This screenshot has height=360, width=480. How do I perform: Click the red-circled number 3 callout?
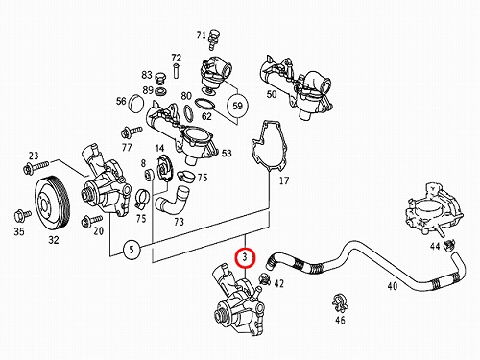point(245,257)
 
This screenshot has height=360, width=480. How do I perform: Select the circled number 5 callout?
point(132,249)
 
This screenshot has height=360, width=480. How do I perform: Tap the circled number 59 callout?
point(237,106)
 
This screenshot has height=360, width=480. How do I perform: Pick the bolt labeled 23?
point(36,166)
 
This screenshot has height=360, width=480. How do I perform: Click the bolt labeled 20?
point(91,221)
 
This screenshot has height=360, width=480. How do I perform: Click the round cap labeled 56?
point(136,103)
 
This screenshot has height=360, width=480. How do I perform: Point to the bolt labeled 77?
point(132,132)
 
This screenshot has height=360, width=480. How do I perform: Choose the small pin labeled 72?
point(176,70)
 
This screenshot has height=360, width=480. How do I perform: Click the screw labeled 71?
point(212,40)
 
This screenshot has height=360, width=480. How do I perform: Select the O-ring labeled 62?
point(204,105)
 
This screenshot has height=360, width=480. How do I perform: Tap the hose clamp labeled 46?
point(340,302)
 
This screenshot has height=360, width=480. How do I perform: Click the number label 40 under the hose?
point(393,286)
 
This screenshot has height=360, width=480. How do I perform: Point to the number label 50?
point(272,94)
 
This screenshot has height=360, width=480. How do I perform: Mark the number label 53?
point(227,154)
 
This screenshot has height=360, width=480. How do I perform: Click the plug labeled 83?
point(160,79)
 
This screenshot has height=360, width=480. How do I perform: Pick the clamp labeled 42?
point(265,279)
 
